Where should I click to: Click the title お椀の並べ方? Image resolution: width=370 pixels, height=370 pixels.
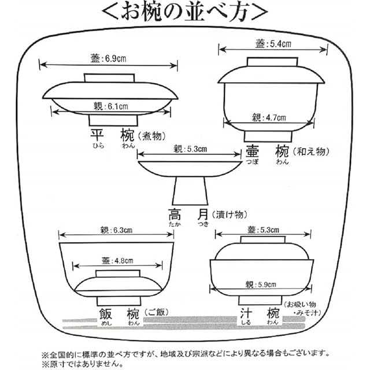185,12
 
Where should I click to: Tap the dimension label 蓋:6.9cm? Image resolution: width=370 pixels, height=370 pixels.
109,58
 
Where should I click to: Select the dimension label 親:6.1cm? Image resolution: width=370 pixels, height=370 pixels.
111,106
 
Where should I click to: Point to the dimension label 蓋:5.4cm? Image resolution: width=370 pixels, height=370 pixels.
273,44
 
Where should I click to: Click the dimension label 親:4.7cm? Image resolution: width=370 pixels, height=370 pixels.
269,117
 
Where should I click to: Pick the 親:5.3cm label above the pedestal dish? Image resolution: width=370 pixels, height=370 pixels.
190,149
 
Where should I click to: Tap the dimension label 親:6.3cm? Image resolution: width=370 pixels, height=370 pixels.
116,230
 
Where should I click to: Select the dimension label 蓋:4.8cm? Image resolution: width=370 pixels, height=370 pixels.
117,261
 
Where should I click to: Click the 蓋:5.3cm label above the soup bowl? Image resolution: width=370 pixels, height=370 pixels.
263,230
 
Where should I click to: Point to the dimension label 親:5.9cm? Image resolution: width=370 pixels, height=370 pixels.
261,284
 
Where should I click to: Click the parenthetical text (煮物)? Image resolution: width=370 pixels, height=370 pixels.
151,136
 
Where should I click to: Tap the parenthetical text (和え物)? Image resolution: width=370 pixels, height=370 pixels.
311,151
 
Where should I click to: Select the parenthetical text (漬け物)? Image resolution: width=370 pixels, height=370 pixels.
230,214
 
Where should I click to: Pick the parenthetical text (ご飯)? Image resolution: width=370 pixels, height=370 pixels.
157,312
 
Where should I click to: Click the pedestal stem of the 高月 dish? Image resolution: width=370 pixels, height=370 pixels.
190,191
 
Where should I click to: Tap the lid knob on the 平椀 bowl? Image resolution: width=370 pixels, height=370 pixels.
109,78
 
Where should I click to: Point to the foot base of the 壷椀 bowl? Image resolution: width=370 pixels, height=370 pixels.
268,136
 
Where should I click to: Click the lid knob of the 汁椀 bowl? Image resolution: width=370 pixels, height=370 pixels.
263,240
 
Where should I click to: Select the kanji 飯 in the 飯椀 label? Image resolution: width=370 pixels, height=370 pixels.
105,314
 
